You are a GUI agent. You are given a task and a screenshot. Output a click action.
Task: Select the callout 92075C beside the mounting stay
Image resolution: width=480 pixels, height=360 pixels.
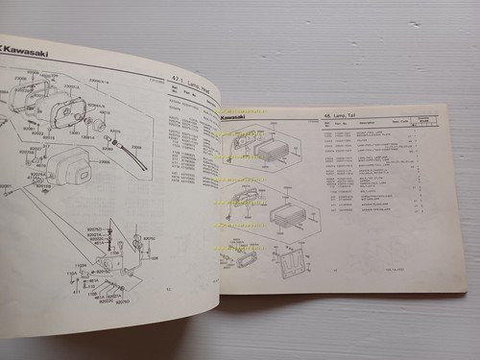click(x=148, y=234)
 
